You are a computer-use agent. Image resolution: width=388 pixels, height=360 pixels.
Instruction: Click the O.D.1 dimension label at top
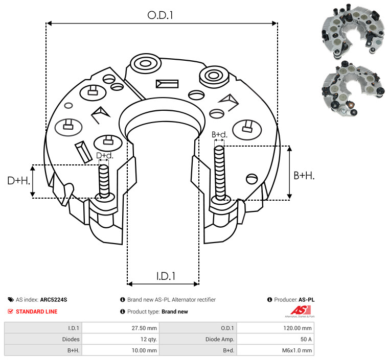(160, 15)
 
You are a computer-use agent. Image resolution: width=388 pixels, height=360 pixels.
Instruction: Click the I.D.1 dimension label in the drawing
(166, 276)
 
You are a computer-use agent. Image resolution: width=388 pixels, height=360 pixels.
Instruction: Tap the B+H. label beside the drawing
(304, 176)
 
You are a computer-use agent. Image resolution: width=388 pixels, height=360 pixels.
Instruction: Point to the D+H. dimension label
(19, 181)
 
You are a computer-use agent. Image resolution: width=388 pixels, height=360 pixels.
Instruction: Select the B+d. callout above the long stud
(219, 134)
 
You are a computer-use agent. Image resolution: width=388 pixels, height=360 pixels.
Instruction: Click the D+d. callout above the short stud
(105, 156)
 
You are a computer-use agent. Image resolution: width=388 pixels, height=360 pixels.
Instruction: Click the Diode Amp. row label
(220, 339)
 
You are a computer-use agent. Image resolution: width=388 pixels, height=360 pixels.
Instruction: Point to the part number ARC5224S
(54, 300)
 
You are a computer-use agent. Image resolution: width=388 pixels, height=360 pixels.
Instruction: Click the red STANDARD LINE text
(37, 311)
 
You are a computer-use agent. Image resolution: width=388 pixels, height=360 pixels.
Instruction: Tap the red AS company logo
(301, 311)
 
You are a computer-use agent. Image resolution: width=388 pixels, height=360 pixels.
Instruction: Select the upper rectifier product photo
(353, 31)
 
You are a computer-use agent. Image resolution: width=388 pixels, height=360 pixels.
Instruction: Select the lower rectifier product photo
(354, 88)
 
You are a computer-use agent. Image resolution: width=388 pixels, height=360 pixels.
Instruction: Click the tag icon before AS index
(11, 300)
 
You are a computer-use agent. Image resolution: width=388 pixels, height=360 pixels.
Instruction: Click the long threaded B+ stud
(220, 173)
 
